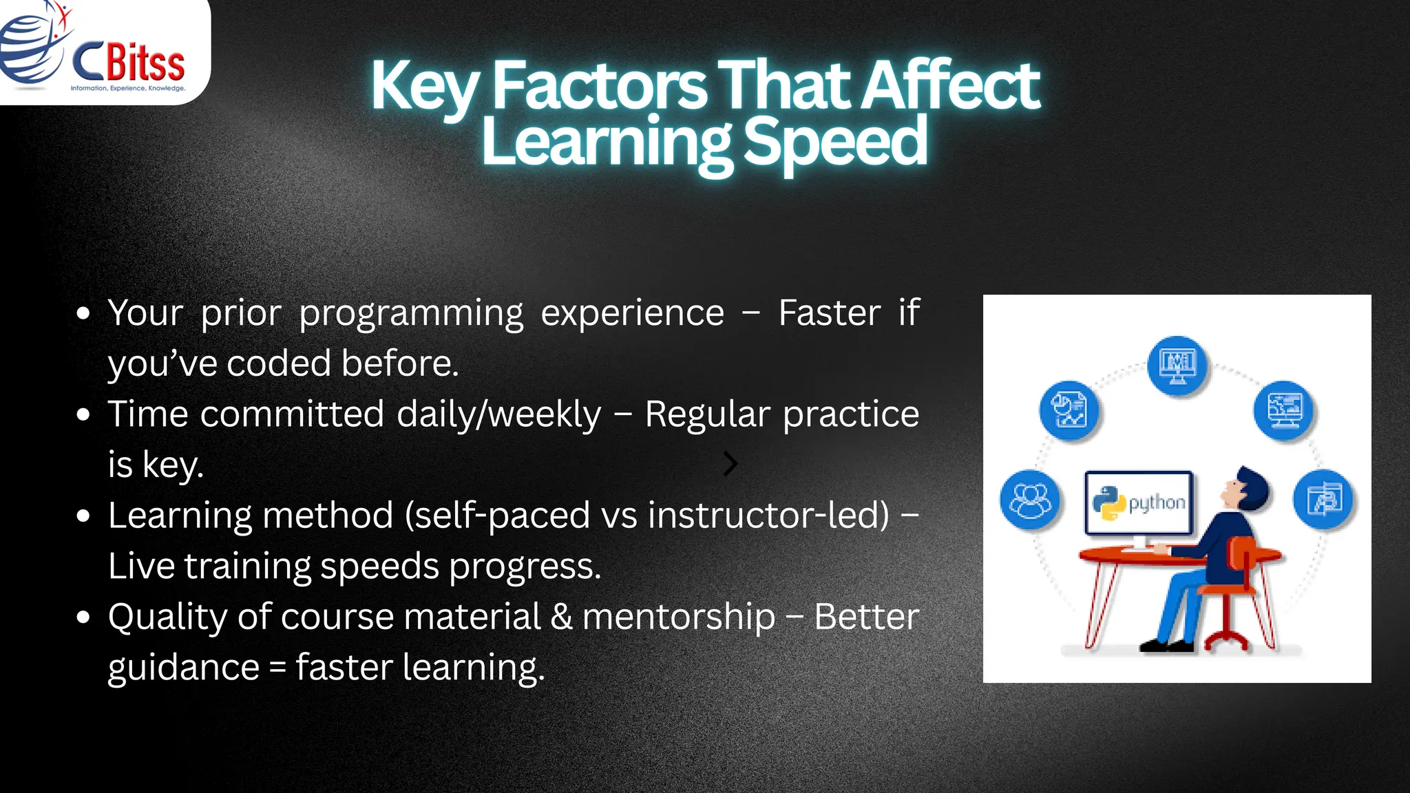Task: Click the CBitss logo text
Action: point(129,63)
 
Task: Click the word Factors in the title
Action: point(599,86)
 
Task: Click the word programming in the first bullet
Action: point(411,313)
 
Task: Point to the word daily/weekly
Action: point(499,414)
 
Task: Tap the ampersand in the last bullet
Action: point(561,616)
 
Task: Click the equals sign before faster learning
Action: point(277,668)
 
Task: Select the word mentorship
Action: point(679,616)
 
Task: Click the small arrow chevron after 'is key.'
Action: point(730,464)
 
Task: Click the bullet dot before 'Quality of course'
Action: point(83,617)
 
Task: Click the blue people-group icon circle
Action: point(1030,500)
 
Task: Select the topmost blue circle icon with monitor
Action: point(1177,366)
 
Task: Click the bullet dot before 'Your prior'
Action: point(83,314)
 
